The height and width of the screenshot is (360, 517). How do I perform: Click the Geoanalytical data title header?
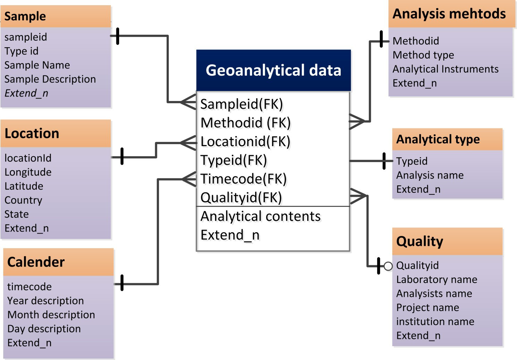(273, 70)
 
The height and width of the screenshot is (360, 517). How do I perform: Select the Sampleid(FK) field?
(242, 104)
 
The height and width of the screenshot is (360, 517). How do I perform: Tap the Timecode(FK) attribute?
(243, 178)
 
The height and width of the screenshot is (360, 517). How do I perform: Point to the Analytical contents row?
(260, 216)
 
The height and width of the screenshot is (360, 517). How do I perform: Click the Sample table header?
(25, 16)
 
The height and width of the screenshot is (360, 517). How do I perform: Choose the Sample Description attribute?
(50, 79)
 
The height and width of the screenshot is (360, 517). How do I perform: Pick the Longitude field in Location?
(28, 172)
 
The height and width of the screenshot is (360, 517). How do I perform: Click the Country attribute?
(23, 200)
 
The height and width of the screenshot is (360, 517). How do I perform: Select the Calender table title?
(36, 262)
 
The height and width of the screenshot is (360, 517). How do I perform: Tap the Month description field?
(51, 315)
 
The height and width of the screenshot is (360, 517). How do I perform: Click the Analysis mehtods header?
(449, 14)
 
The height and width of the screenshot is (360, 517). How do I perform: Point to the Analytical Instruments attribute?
(445, 69)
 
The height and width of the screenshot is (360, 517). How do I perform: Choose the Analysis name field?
(430, 175)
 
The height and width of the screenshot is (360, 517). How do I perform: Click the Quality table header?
(419, 241)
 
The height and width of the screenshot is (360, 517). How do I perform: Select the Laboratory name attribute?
(436, 279)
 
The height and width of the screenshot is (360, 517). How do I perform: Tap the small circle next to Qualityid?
(388, 266)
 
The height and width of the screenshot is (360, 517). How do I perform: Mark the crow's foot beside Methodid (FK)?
(357, 121)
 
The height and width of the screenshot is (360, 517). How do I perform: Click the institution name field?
(435, 321)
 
